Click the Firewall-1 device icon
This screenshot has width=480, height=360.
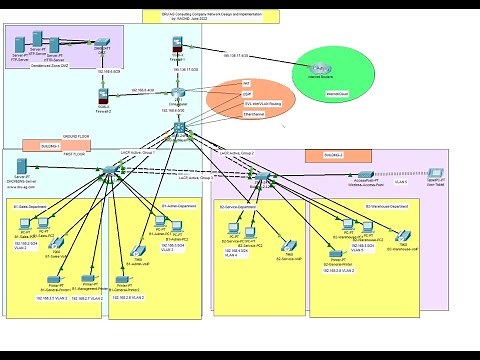point(176,44)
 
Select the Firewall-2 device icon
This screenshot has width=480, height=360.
point(103,95)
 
